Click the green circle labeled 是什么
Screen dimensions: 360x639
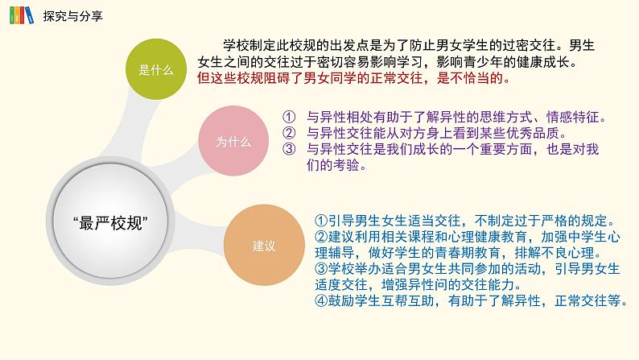coord(156,69)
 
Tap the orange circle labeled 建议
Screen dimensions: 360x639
coord(264,245)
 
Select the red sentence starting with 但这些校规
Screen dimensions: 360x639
coord(355,80)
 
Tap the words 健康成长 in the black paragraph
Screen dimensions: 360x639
coord(550,62)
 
